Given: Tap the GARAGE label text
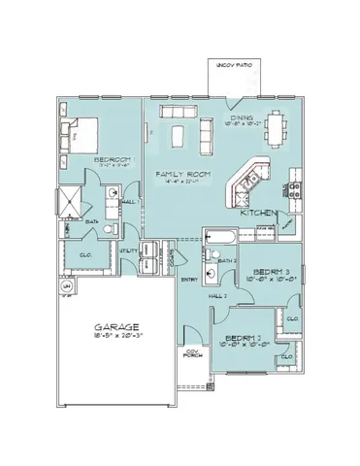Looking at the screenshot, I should (116, 328).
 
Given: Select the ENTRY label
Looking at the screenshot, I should (189, 280).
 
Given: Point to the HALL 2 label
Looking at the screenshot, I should (218, 294).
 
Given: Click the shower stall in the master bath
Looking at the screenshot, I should (69, 200).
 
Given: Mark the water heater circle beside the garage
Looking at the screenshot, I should (67, 287).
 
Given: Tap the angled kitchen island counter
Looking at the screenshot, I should (245, 179).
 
